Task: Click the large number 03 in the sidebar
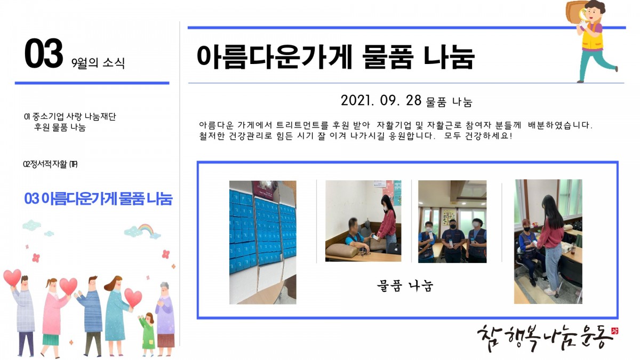(43, 53)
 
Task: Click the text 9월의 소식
(98, 62)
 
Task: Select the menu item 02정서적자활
(50, 164)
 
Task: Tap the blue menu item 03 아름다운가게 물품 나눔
(98, 198)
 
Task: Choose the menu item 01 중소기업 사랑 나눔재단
(70, 116)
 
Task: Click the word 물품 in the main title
(387, 57)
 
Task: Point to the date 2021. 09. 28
(381, 100)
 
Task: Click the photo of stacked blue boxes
(263, 242)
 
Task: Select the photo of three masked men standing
(452, 221)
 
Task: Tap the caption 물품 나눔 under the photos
(405, 286)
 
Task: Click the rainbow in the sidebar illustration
(146, 229)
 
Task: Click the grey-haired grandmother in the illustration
(165, 318)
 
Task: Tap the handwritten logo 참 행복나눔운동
(545, 338)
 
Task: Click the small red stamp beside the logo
(614, 331)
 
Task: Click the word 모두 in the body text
(452, 135)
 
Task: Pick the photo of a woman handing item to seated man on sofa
(363, 221)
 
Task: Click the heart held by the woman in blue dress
(133, 298)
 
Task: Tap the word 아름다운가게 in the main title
(274, 57)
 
